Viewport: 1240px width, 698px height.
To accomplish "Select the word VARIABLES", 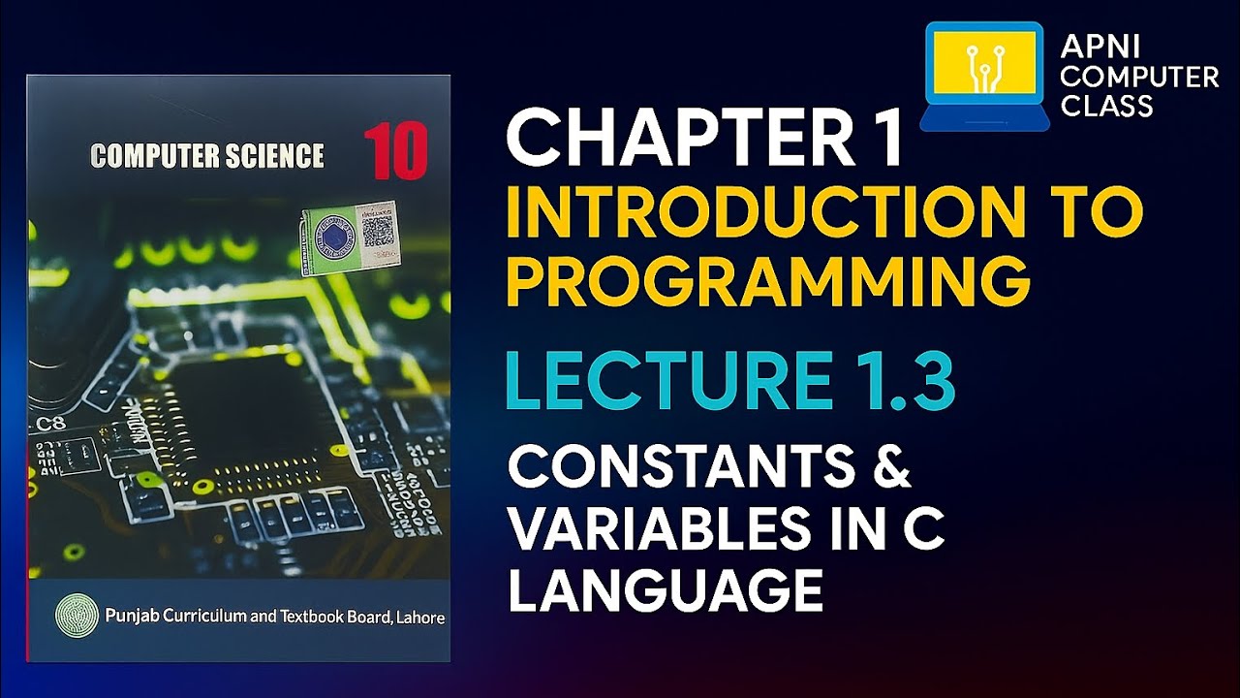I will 678,530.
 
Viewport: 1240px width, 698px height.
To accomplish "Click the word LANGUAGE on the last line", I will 666,591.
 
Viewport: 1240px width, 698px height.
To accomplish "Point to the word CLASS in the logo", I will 1106,105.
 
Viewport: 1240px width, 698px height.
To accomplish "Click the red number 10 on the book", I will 395,153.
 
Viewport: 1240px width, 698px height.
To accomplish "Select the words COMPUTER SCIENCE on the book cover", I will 206,155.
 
